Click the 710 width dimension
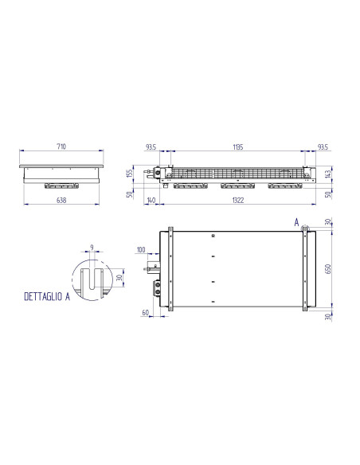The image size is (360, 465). tap(61, 147)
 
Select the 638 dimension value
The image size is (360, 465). tap(61, 201)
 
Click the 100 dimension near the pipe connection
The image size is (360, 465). tap(143, 250)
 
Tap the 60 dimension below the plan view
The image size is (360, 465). tap(146, 313)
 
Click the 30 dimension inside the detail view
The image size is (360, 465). tap(119, 278)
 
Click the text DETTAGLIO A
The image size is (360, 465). tap(43, 297)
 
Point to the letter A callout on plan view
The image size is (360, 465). tap(295, 221)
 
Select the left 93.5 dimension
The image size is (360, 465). tap(150, 147)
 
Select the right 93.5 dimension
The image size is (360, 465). tap(322, 147)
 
